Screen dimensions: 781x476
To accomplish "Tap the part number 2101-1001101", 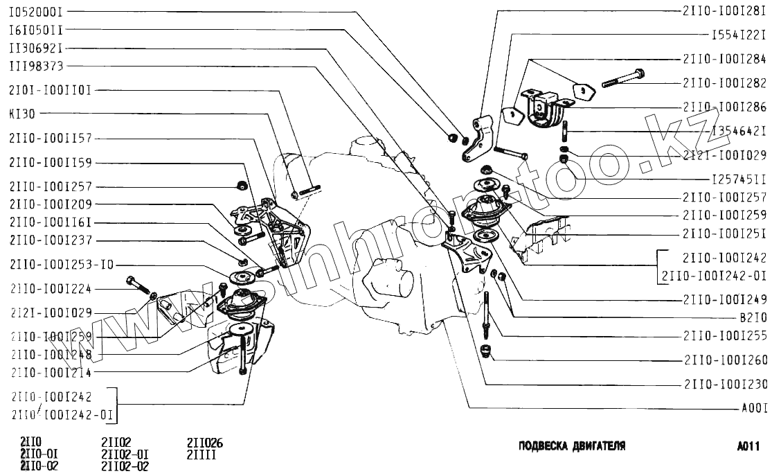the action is (50, 90).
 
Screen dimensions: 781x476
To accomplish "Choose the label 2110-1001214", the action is (51, 372).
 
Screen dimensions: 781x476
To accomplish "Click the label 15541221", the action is (739, 34).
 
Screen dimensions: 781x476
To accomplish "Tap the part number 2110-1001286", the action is (724, 107).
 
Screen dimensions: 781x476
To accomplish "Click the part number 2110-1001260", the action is (725, 360).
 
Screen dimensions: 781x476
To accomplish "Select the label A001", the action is (754, 409).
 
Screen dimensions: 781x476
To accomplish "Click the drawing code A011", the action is (748, 447).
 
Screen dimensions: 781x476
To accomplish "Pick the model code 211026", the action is (204, 443).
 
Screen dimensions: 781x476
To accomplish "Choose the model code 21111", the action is (201, 455).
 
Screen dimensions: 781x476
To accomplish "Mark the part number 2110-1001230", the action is (725, 384).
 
